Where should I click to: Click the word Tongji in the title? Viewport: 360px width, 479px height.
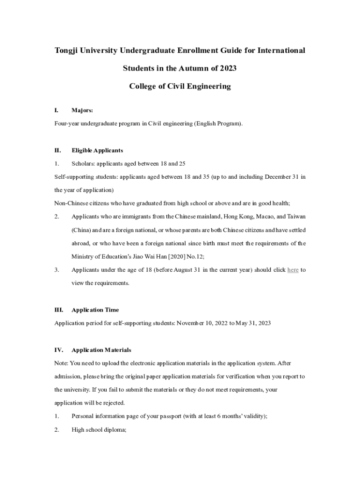[69, 50]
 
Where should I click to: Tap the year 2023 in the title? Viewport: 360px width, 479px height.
[227, 68]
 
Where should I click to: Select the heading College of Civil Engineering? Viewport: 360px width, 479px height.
[180, 87]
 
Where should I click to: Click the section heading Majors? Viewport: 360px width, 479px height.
[82, 110]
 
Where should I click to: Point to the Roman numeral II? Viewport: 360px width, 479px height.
[58, 151]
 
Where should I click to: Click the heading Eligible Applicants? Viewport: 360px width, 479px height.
[97, 151]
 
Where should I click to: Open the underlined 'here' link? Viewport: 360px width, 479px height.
[293, 270]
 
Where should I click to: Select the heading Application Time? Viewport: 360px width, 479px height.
[95, 310]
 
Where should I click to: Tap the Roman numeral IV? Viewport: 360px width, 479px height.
[58, 350]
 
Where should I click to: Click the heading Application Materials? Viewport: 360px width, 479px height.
[101, 350]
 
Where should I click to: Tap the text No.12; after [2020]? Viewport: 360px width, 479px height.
[195, 256]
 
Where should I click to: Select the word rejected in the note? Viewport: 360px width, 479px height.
[113, 403]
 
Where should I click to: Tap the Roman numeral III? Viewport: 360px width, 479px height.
[58, 310]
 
